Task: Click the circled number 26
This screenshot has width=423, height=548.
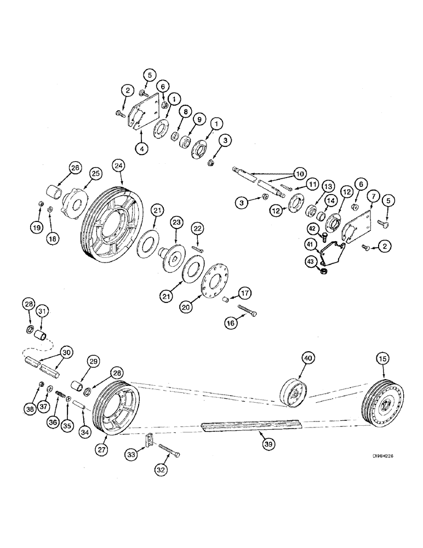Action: pos(76,168)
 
